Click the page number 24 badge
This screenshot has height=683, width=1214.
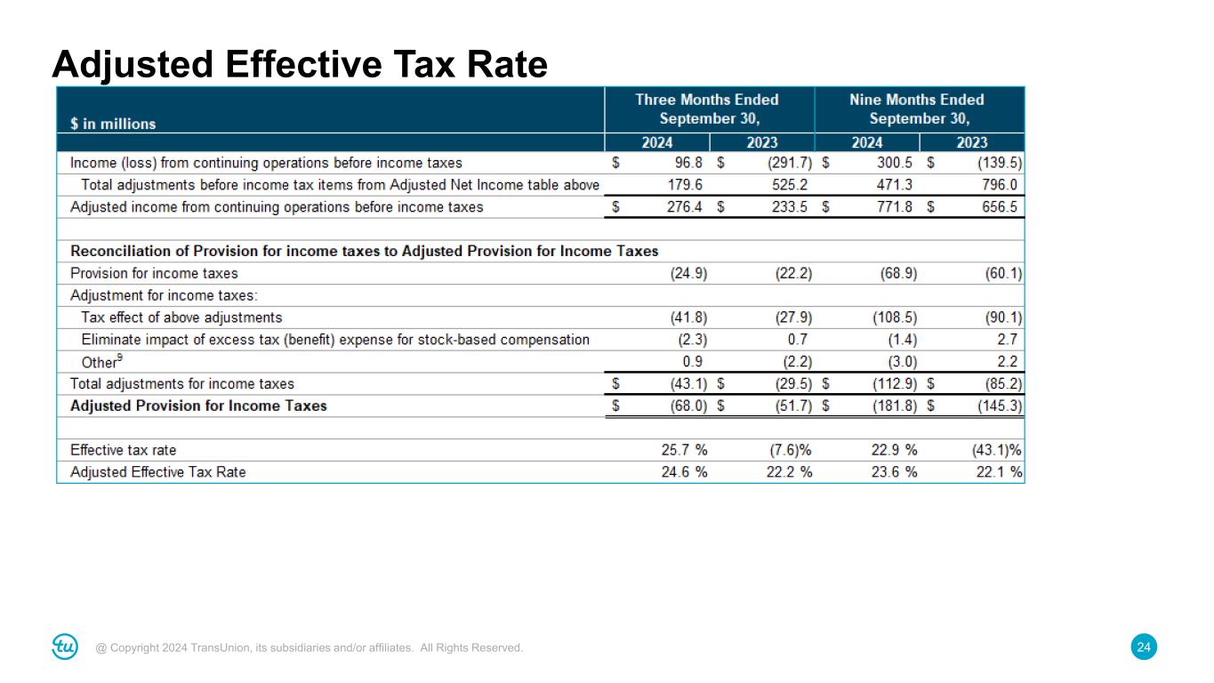click(1145, 648)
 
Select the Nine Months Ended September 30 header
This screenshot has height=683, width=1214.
click(917, 108)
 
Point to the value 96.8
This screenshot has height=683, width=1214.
click(688, 164)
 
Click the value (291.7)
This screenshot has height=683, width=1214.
click(789, 164)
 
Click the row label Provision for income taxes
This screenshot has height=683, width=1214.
click(154, 273)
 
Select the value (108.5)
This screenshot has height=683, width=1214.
click(894, 317)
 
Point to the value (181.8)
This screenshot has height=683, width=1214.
click(894, 406)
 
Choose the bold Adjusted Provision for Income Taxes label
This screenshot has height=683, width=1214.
click(198, 406)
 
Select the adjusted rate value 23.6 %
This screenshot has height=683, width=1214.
click(894, 472)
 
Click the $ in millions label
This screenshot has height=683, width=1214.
click(113, 125)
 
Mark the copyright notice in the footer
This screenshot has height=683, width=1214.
click(310, 648)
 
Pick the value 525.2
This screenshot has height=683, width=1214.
click(790, 185)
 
